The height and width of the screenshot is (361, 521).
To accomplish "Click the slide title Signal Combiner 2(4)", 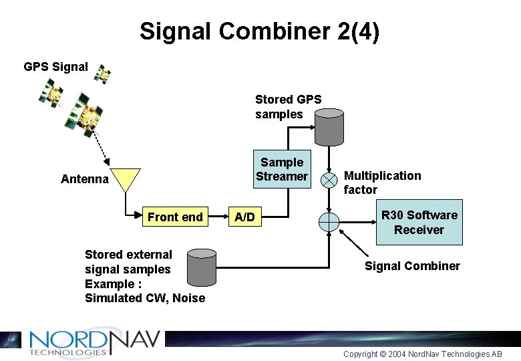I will [x=259, y=31].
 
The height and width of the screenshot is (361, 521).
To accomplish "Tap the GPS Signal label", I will [x=55, y=67].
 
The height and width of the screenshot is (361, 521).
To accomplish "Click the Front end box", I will [x=175, y=217].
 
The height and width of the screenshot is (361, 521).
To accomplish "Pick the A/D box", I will [x=244, y=217].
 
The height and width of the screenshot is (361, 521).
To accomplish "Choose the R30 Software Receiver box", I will [x=419, y=222].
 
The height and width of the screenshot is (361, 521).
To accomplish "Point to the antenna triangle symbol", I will [x=126, y=179].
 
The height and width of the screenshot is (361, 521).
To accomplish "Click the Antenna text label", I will [x=84, y=179].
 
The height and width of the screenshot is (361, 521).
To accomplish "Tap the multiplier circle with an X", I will [x=329, y=180].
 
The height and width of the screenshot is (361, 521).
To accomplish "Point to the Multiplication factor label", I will [x=382, y=183].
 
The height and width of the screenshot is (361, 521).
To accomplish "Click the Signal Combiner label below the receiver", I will [x=412, y=266].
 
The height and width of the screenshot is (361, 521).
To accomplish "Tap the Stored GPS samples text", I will [x=288, y=107].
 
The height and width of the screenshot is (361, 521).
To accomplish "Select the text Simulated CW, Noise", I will [x=145, y=298].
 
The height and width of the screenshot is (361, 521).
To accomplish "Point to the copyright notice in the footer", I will [x=422, y=354].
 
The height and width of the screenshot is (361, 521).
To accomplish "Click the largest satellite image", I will [x=83, y=118].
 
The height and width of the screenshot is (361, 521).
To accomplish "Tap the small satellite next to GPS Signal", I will [x=102, y=74].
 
